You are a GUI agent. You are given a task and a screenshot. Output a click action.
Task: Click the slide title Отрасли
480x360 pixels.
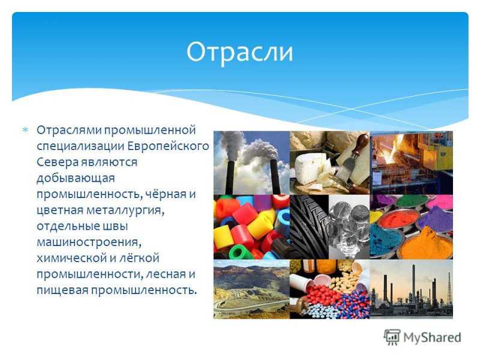[239, 52]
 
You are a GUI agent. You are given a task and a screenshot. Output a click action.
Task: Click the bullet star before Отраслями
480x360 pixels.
[25, 130]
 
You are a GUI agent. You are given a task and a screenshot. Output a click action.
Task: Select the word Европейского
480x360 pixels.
[168, 146]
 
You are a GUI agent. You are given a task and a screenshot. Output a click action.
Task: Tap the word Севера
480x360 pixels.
[57, 161]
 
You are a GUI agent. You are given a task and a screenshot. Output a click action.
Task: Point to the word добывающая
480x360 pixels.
[76, 178]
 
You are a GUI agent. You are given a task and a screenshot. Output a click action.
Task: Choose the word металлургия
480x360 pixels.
[125, 211]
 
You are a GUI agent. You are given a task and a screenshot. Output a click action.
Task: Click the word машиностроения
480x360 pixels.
[89, 242]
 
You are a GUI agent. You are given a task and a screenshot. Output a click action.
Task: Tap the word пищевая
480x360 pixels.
[63, 290]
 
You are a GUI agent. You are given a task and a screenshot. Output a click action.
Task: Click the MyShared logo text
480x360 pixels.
[432, 337]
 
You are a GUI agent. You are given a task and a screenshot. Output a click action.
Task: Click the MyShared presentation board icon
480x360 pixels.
[392, 337]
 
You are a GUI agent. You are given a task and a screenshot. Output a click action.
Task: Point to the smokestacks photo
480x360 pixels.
[251, 163]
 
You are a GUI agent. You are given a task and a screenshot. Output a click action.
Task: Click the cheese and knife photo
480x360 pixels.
[329, 163]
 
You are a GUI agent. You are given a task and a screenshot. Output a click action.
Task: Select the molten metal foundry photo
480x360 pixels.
[411, 163]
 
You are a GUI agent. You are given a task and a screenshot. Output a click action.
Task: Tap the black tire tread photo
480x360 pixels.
[309, 227]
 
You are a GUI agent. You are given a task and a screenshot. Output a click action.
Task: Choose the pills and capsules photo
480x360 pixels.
[329, 289]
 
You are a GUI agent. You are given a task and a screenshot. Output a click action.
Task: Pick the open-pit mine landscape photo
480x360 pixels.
[251, 289]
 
